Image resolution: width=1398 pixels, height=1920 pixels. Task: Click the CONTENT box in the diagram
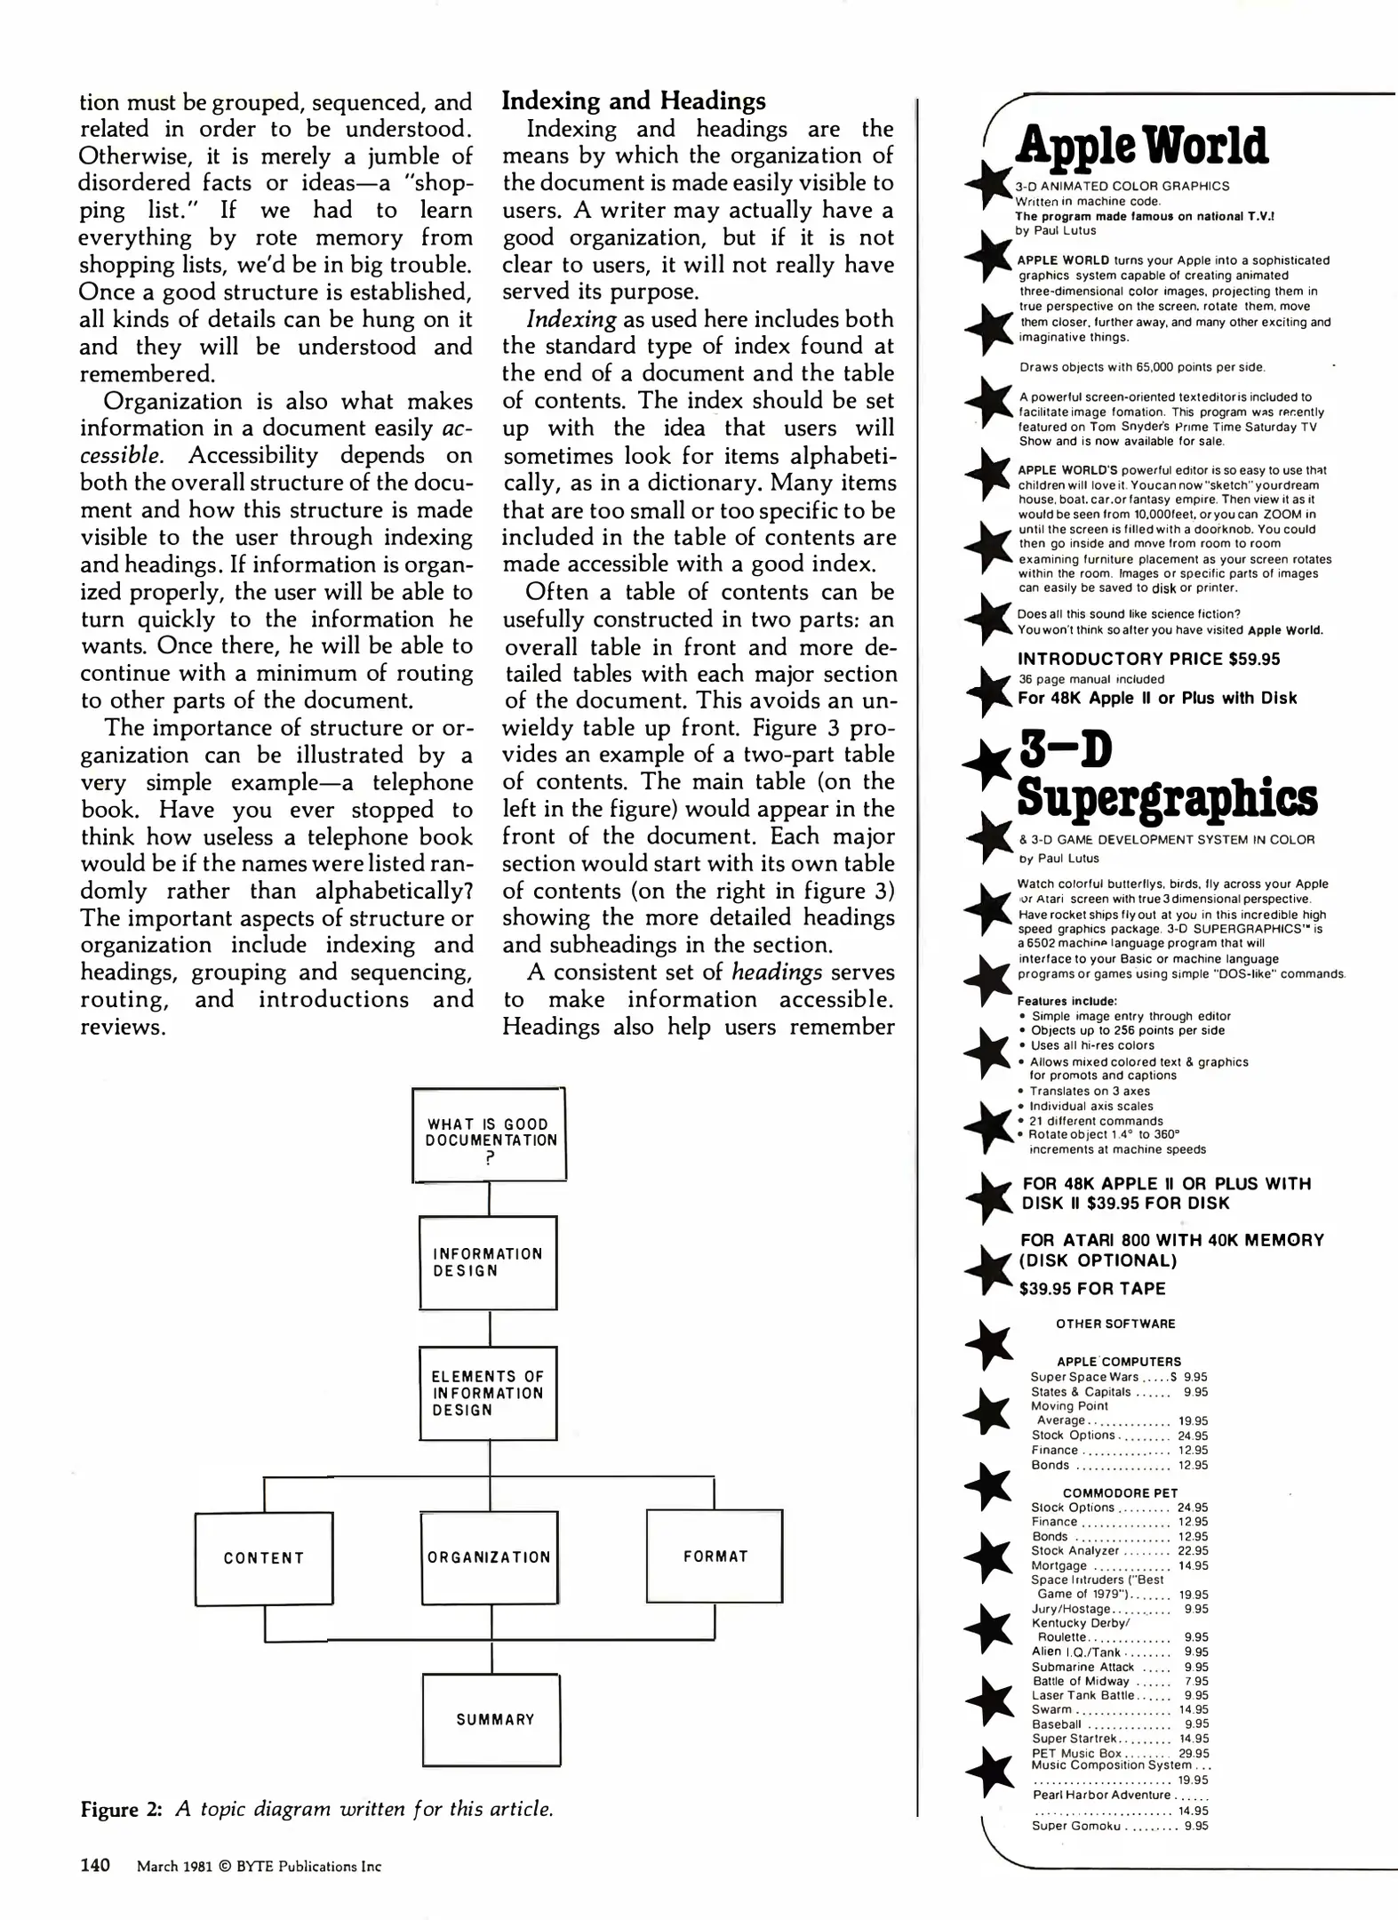point(264,1558)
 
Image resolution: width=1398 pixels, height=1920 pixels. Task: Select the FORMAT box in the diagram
point(715,1556)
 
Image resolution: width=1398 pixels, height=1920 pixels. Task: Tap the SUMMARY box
point(491,1719)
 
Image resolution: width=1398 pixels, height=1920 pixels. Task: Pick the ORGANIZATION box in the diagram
point(490,1557)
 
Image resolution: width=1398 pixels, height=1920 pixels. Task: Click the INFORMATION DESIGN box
point(488,1262)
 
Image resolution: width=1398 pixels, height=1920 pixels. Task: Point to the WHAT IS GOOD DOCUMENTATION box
point(489,1134)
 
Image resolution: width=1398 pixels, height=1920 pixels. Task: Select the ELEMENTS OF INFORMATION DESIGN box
point(488,1393)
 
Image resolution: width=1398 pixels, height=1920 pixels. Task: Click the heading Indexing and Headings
point(634,100)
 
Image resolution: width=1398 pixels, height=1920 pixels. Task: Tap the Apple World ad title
point(1142,146)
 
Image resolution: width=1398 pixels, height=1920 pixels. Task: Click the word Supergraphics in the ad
point(1166,796)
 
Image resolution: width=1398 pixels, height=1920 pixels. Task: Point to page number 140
point(95,1865)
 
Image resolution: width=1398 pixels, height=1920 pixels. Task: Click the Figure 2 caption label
point(121,1809)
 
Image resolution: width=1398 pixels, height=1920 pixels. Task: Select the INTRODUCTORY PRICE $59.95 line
point(1148,659)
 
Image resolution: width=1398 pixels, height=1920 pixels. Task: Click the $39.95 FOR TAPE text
point(1092,1288)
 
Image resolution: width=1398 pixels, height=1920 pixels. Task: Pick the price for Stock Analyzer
point(1193,1551)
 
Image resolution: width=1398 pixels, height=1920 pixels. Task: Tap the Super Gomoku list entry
point(1075,1826)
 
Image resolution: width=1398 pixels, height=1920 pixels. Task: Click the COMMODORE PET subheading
point(1120,1493)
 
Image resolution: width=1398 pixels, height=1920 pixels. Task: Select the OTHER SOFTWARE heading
point(1115,1324)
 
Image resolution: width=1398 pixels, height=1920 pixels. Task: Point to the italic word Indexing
point(571,319)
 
